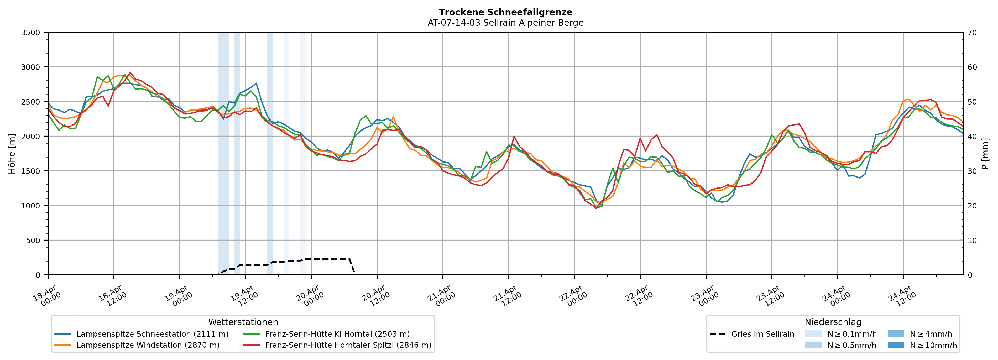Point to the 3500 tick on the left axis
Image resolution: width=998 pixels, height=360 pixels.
pos(31,33)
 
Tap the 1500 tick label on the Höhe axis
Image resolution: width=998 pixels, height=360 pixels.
pos(31,171)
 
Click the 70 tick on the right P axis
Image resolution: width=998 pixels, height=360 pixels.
pos(972,33)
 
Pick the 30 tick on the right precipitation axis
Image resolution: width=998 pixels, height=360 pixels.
pos(972,171)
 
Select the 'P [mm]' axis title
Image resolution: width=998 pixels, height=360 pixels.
pos(985,153)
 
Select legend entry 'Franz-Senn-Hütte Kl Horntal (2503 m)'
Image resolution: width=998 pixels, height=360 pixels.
pos(337,334)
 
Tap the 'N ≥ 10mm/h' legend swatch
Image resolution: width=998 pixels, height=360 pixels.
pos(895,345)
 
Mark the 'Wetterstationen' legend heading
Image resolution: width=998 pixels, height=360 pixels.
pos(243,322)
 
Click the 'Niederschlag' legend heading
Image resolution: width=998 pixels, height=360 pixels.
pos(833,322)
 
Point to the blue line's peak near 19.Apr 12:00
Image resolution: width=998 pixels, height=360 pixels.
pos(256,83)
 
